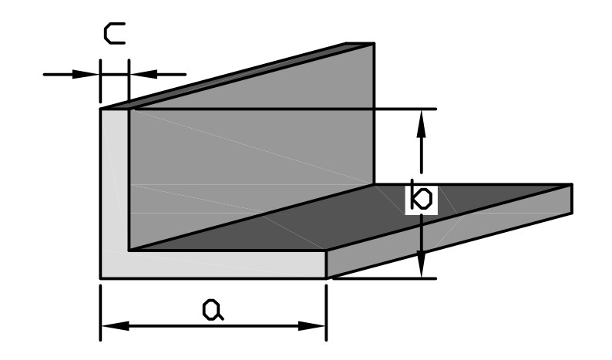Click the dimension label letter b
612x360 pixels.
(x=420, y=198)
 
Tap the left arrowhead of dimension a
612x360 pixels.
(x=109, y=326)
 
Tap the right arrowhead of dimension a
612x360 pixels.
(x=319, y=326)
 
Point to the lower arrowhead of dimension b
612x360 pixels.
(x=421, y=269)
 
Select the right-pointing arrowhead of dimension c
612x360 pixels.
(x=93, y=74)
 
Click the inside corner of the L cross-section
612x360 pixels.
(x=129, y=250)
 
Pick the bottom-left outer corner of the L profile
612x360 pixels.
(x=101, y=278)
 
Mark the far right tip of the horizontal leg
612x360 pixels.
(x=571, y=199)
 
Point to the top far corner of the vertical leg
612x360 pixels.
(x=374, y=43)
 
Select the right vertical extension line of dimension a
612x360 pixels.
(x=327, y=308)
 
